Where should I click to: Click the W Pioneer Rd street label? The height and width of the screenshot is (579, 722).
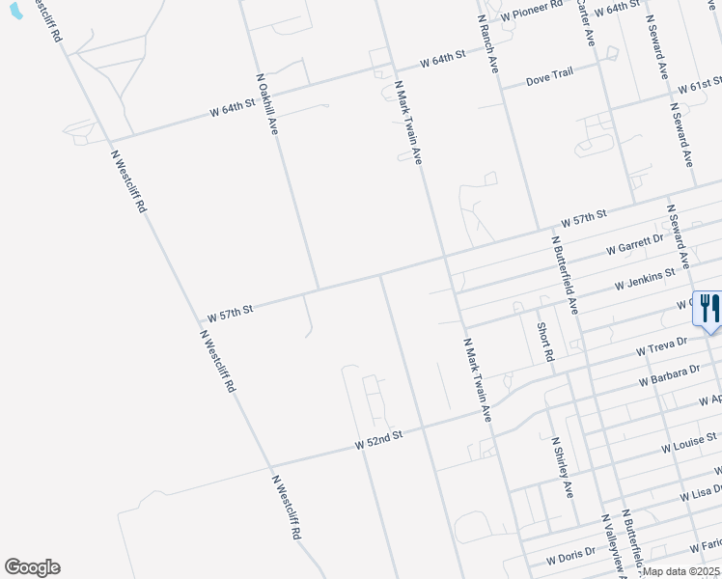click(x=530, y=11)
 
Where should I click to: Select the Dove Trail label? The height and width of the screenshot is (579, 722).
click(x=549, y=80)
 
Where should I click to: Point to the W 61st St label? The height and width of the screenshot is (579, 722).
click(x=700, y=88)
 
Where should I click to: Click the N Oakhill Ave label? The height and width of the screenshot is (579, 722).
click(x=267, y=102)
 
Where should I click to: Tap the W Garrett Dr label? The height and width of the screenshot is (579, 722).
click(x=635, y=244)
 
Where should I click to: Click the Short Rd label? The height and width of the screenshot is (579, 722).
click(x=544, y=341)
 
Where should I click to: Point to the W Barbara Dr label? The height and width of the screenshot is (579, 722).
click(x=669, y=375)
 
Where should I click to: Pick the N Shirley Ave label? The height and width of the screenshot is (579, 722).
click(x=562, y=466)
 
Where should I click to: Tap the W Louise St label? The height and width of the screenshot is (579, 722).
click(x=689, y=444)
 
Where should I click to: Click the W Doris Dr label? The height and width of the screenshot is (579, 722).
click(x=572, y=558)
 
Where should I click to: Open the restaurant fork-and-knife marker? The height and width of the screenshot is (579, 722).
click(x=708, y=310)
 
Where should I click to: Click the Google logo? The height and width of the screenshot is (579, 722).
click(x=32, y=567)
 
